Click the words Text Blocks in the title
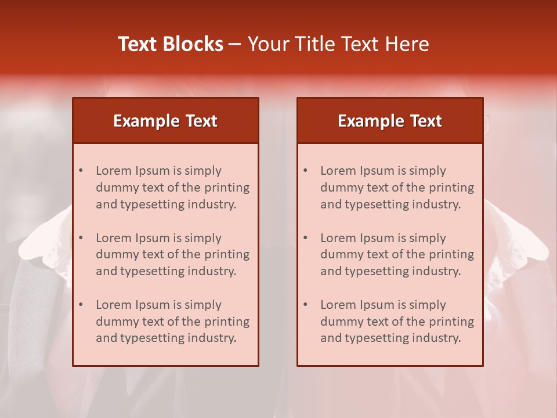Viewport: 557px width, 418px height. pos(171,44)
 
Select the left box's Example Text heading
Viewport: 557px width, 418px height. pos(165,121)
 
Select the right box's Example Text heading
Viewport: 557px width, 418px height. pos(390,121)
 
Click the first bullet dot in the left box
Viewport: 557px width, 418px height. pos(81,171)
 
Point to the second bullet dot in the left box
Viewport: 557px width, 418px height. pos(81,238)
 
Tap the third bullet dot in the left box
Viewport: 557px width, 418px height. pos(81,305)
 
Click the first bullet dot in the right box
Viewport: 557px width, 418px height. pos(305,171)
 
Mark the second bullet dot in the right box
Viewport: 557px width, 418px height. pos(305,238)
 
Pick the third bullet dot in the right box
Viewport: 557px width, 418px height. pos(305,305)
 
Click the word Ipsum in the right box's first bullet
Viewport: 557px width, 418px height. pos(378,171)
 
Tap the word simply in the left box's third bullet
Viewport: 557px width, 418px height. pos(202,305)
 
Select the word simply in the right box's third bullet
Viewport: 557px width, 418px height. pos(427,305)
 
